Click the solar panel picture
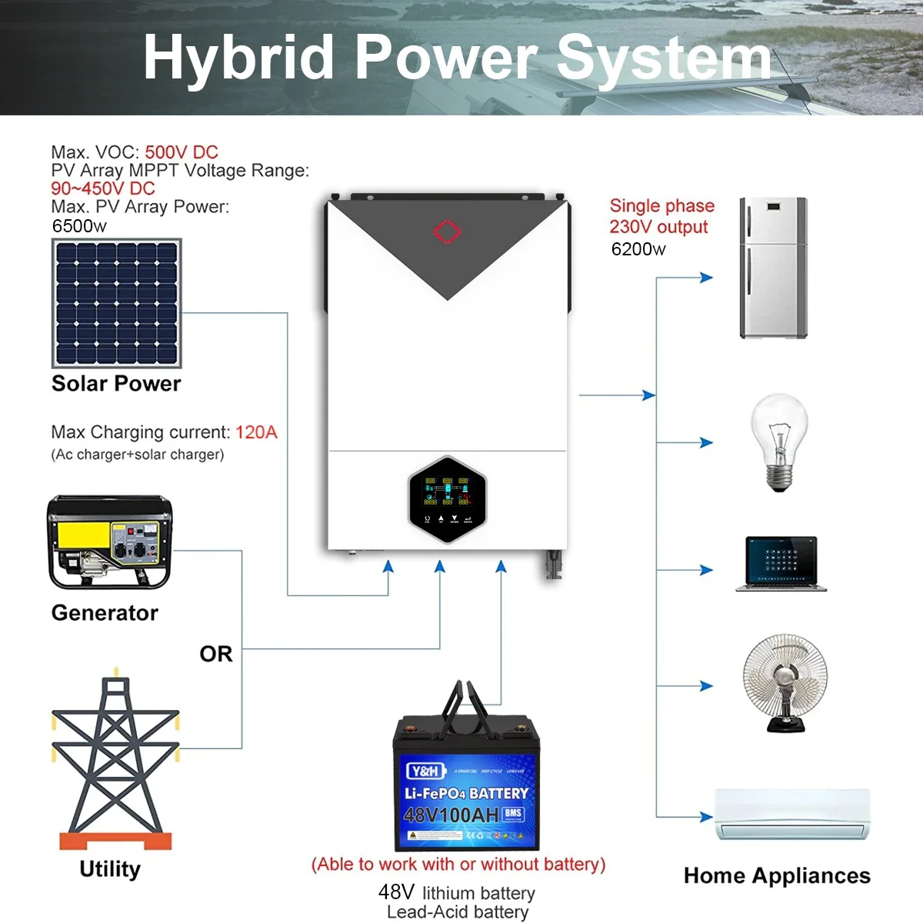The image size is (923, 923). pos(116,303)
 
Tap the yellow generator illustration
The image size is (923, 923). pos(110,542)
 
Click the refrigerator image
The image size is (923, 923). pos(773,268)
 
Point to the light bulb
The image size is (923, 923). pos(779,440)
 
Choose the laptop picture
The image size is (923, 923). pos(781,564)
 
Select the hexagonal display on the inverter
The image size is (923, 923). pos(447,498)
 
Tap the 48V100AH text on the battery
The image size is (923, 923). pos(452,815)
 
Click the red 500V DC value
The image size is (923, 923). pos(182,152)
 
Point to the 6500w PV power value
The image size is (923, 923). pos(79,226)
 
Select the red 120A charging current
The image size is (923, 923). pos(256,432)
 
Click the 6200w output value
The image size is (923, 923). pos(638,249)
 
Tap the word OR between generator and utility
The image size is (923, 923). pos(215,654)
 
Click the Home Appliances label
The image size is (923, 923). pos(777,875)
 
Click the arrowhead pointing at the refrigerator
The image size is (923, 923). pos(707,278)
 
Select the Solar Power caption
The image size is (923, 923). pos(116,384)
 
